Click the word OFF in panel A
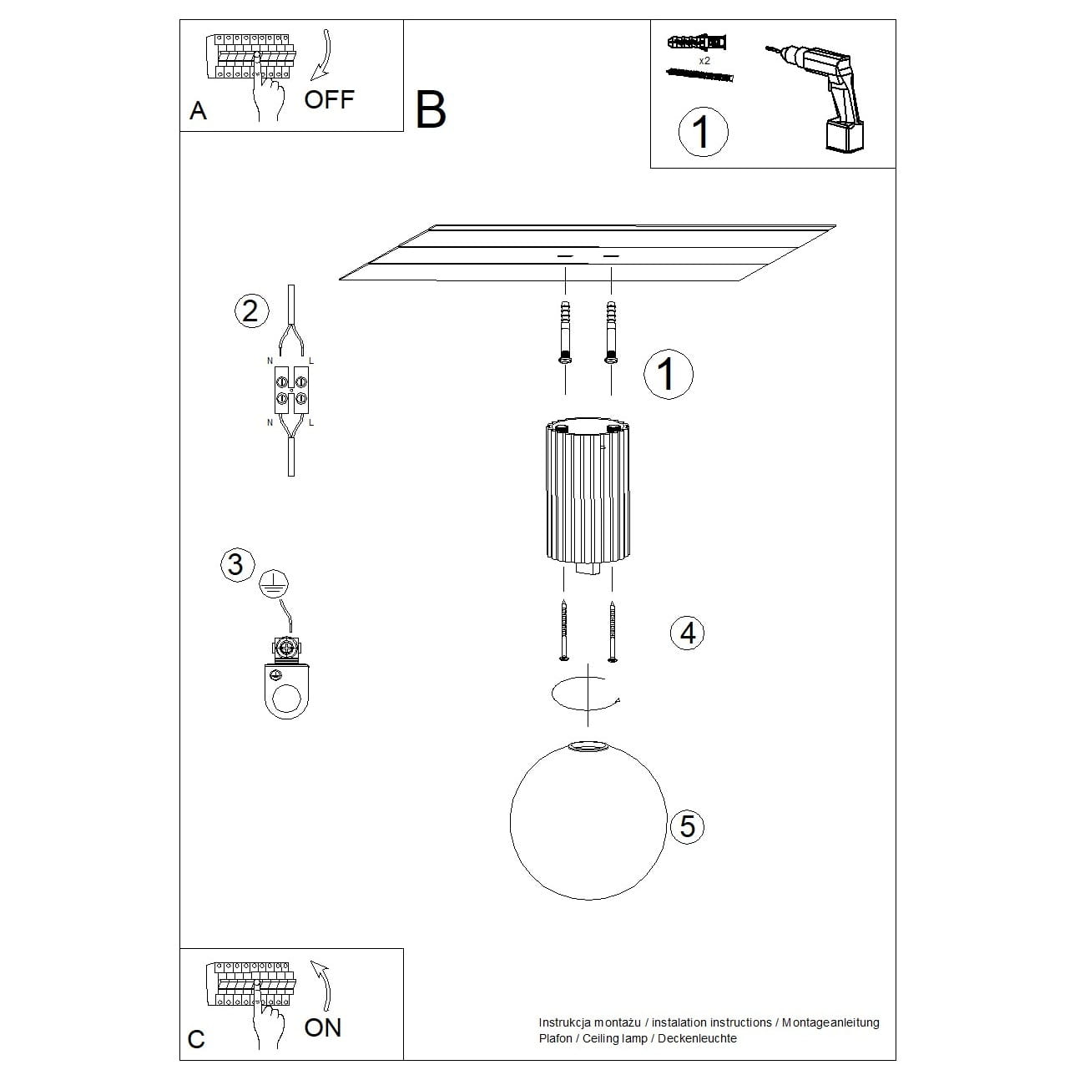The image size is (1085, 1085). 329,100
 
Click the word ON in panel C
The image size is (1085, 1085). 323,1027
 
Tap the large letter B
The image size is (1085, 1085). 431,110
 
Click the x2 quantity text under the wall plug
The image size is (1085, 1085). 704,61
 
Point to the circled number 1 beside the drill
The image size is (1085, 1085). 702,132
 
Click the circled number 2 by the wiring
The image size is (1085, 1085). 250,311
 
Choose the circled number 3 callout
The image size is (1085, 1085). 235,564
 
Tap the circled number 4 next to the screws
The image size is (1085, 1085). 687,633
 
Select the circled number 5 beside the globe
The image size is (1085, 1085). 687,826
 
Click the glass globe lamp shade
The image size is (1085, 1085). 588,822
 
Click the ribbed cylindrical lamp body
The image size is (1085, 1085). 588,492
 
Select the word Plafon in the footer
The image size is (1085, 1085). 556,1039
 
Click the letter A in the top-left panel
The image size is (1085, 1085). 198,111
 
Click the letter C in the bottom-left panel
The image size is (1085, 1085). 196,1039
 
